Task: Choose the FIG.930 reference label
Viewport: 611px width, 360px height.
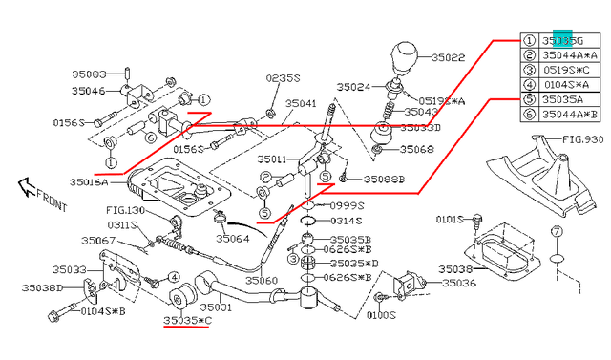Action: coord(582,139)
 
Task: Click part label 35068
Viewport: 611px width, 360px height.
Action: coord(416,150)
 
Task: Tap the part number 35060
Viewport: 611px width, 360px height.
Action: coord(261,281)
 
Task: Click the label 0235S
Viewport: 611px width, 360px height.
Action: coord(283,78)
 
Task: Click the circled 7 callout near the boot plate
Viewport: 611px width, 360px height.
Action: coord(557,232)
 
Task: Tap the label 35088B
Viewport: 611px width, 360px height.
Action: coord(384,180)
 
